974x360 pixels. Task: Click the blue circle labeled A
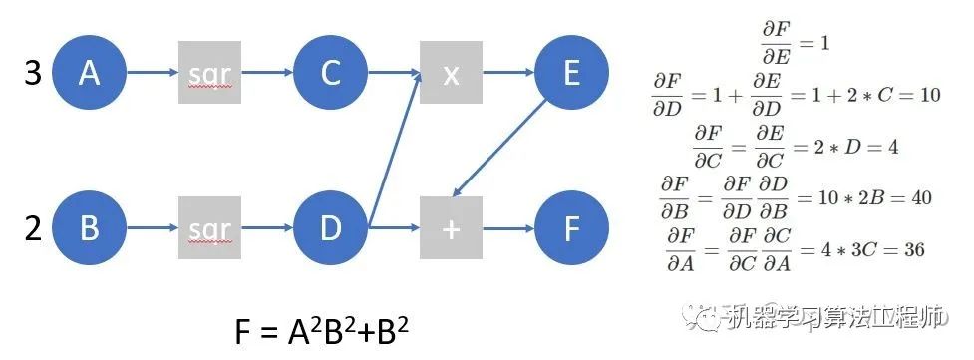(x=89, y=74)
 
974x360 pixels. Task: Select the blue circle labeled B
(x=89, y=229)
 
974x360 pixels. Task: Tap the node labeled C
(x=330, y=74)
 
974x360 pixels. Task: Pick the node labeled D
(x=330, y=229)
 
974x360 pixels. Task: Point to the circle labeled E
(x=571, y=74)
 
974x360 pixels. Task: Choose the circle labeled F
(x=571, y=229)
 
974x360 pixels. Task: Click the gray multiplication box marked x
(x=451, y=74)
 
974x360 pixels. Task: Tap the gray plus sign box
(x=451, y=229)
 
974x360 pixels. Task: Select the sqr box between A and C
(x=209, y=74)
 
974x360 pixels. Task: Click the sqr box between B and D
(x=209, y=229)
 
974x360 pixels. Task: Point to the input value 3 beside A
(x=33, y=74)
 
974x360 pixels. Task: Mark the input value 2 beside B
(x=33, y=229)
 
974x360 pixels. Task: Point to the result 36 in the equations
(x=910, y=249)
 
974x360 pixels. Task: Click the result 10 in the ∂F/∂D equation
(x=929, y=95)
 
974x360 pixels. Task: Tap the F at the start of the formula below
(x=245, y=332)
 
